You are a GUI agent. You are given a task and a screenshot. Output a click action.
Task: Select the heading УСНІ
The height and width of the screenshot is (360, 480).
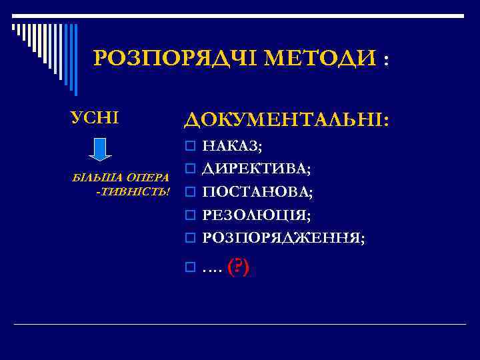pyautogui.click(x=95, y=118)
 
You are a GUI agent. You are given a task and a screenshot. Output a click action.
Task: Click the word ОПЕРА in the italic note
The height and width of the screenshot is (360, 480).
pyautogui.click(x=147, y=179)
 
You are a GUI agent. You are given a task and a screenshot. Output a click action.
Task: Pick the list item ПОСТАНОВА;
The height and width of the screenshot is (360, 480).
pyautogui.click(x=257, y=192)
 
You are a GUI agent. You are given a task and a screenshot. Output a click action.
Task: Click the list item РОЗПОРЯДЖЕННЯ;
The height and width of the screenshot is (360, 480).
pyautogui.click(x=283, y=237)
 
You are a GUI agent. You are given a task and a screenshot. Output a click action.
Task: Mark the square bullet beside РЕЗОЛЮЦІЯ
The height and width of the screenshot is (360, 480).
pyautogui.click(x=190, y=215)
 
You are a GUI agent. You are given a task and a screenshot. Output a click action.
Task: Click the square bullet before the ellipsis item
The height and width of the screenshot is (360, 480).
pyautogui.click(x=190, y=268)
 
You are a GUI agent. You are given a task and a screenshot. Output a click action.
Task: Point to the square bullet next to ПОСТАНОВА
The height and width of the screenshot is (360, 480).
pyautogui.click(x=190, y=193)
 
